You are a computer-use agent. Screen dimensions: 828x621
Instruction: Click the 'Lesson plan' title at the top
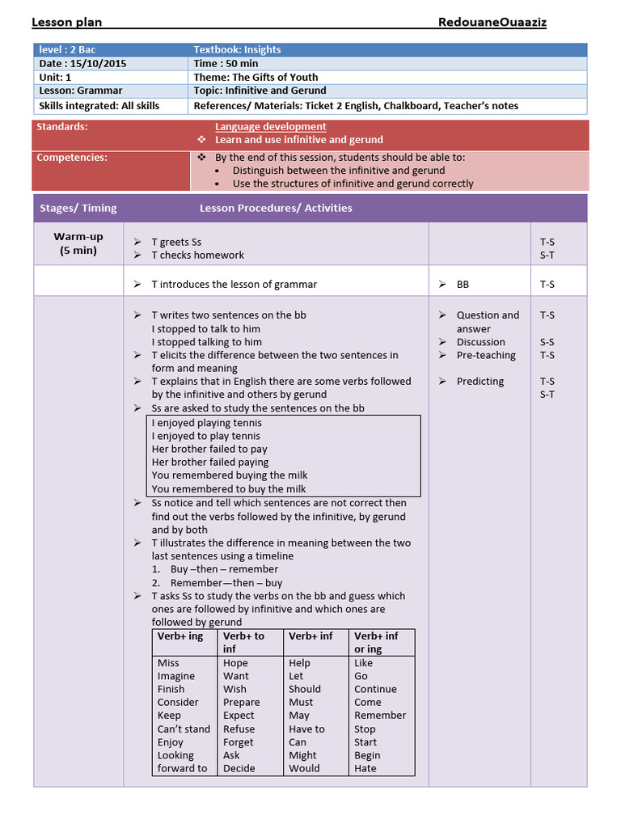click(x=66, y=23)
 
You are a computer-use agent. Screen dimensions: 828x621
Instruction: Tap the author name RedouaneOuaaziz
click(x=492, y=23)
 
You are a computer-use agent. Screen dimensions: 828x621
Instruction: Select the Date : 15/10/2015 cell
click(x=83, y=63)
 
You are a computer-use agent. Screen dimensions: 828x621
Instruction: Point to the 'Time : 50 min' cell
click(x=226, y=63)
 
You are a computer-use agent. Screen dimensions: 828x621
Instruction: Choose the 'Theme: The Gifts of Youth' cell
click(x=256, y=77)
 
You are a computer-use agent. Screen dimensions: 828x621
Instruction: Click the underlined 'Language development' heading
click(x=271, y=126)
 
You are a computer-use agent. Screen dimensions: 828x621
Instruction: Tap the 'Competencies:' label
click(x=72, y=157)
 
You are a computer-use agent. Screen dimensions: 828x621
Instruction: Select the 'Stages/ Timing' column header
click(x=78, y=208)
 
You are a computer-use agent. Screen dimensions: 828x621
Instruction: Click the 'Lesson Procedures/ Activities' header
click(x=276, y=208)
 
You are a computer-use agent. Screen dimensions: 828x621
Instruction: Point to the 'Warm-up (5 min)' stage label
click(x=78, y=243)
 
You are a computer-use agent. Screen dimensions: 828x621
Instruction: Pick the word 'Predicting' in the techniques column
click(x=479, y=381)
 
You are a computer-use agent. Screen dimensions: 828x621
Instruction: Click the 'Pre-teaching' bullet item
click(x=485, y=355)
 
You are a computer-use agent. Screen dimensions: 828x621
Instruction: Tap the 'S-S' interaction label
click(x=547, y=342)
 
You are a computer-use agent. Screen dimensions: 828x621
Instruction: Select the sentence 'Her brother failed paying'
click(x=210, y=462)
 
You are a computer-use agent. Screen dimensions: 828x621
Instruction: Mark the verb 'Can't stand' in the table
click(x=184, y=729)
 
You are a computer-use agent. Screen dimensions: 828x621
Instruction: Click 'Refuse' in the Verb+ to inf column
click(x=239, y=729)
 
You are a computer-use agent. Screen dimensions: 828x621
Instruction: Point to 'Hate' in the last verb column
click(x=365, y=768)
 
